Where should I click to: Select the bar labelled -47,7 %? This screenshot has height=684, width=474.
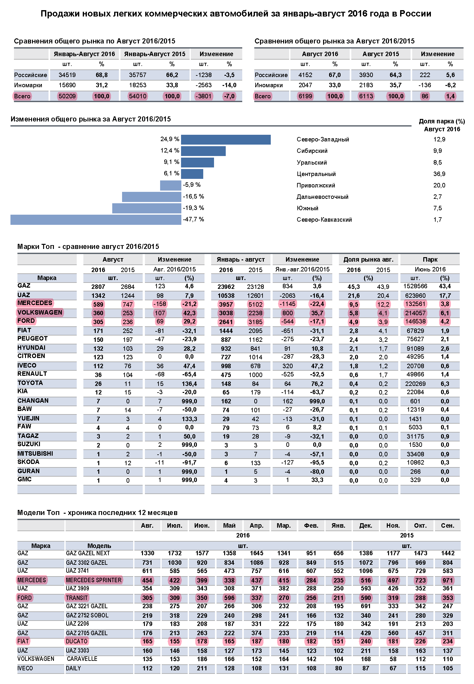[96, 220]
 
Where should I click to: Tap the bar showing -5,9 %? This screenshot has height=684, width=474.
[171, 186]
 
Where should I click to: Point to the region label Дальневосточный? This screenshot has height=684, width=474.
[322, 197]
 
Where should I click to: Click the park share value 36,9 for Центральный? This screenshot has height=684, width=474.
[439, 174]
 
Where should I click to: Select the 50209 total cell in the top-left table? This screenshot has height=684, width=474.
[67, 96]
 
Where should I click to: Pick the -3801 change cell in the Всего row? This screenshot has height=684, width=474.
[204, 96]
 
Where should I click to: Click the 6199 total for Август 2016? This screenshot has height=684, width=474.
[305, 96]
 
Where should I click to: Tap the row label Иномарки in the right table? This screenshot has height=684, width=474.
[269, 85]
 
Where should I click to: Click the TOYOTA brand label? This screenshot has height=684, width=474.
[30, 383]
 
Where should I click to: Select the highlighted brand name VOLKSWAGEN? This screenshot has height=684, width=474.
[40, 312]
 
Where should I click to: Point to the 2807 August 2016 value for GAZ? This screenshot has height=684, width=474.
[98, 287]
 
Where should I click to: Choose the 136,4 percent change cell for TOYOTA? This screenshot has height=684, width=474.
[189, 384]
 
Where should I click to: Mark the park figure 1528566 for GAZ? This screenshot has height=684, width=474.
[415, 286]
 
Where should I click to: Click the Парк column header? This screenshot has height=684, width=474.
[430, 259]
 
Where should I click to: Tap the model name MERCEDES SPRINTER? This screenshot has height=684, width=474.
[94, 580]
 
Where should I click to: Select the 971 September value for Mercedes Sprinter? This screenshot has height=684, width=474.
[448, 580]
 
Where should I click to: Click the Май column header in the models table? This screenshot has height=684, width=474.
[229, 525]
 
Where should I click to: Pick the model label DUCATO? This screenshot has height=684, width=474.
[77, 641]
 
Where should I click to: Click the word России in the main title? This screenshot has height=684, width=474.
[415, 14]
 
